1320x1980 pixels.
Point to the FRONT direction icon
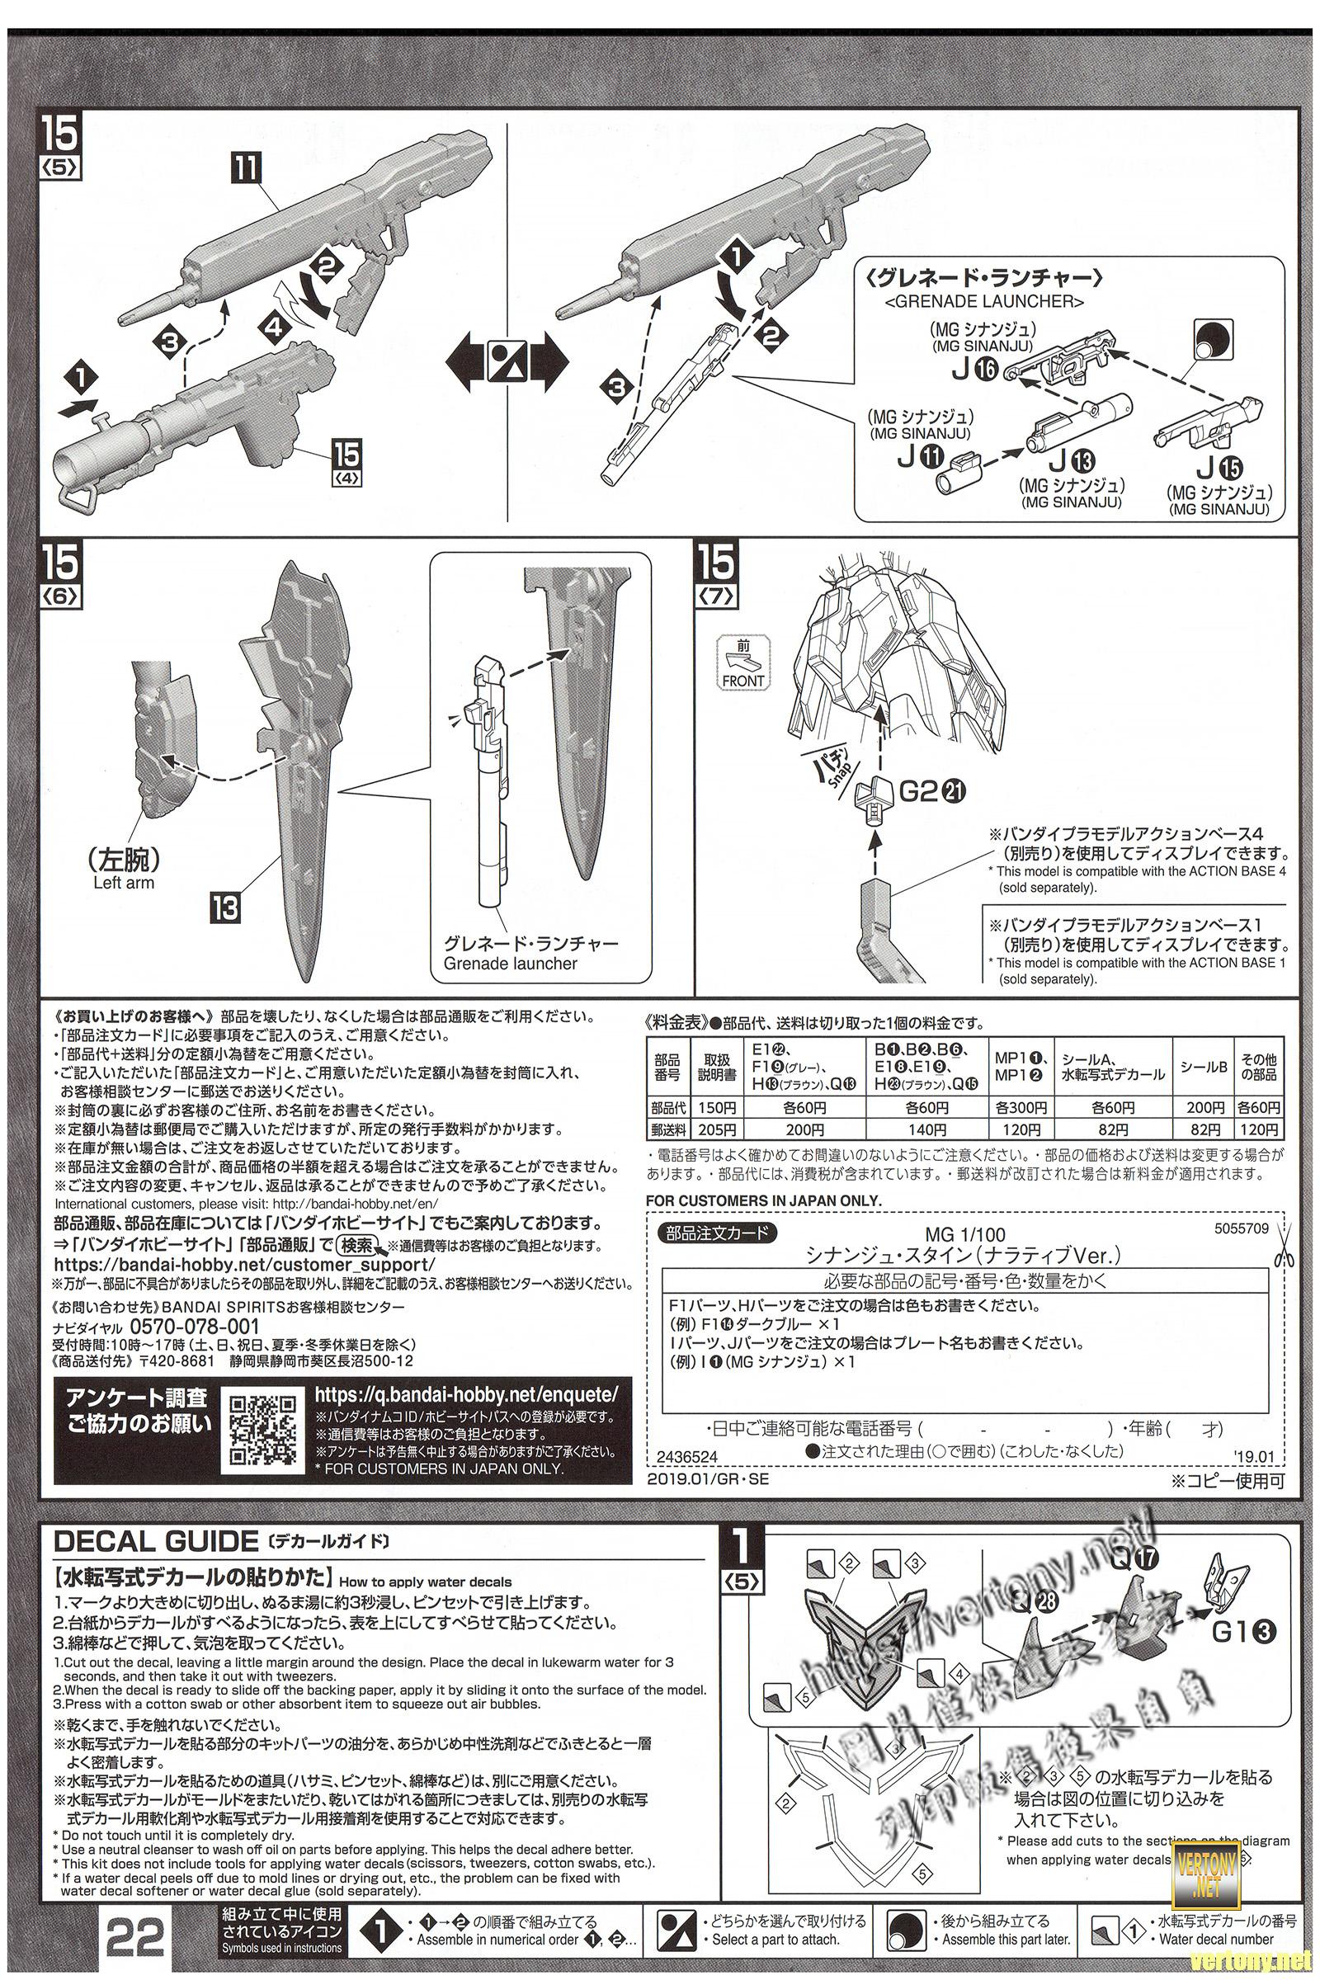742,664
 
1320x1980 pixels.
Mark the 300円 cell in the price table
1021,1106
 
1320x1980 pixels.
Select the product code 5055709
1241,1228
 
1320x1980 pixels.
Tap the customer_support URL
244,1266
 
